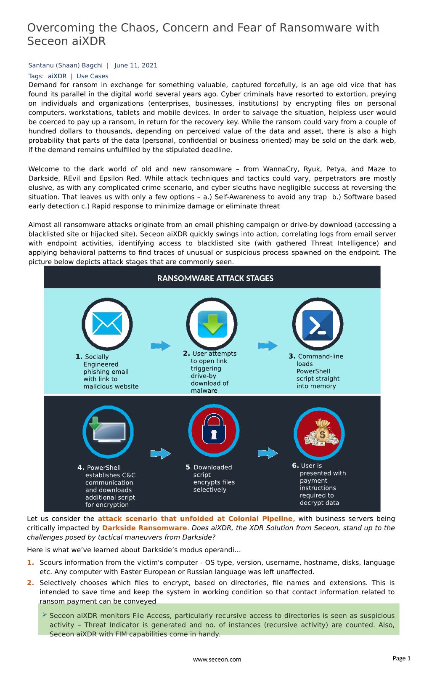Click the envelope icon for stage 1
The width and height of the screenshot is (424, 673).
click(x=107, y=324)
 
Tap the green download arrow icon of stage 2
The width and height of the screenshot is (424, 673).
click(x=212, y=324)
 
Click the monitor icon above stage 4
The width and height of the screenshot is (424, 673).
click(x=108, y=432)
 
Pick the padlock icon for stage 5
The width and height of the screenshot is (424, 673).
click(x=214, y=431)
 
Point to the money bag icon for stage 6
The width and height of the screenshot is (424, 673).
click(x=320, y=433)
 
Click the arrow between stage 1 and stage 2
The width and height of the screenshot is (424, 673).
click(x=161, y=346)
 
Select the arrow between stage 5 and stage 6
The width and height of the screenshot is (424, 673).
click(x=268, y=453)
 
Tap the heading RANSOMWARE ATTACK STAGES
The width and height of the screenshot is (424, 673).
click(x=215, y=278)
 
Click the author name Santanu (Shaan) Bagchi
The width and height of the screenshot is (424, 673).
click(x=65, y=65)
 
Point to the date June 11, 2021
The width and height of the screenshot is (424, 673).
click(x=135, y=65)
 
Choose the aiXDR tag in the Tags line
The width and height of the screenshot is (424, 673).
click(x=57, y=76)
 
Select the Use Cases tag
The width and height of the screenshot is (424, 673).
click(x=92, y=76)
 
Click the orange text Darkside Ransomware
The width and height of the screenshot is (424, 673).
click(x=144, y=528)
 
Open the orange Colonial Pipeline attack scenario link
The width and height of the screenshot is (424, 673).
click(x=195, y=519)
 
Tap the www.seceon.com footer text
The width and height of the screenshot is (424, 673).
click(x=217, y=660)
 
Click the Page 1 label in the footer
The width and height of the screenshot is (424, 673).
click(x=401, y=658)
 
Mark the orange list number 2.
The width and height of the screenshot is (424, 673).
click(x=30, y=583)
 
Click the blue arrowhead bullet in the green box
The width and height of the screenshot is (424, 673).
click(x=45, y=615)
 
